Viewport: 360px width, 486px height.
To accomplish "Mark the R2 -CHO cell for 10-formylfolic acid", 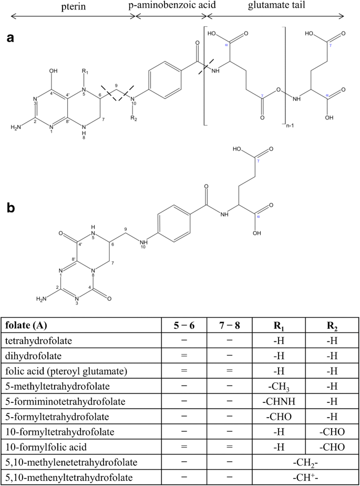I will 332,448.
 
